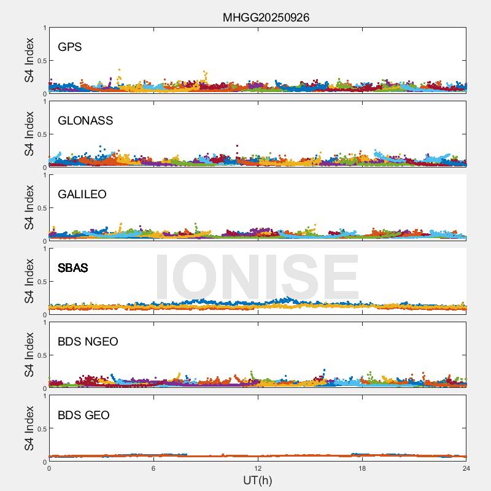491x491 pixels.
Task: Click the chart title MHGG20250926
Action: click(x=266, y=17)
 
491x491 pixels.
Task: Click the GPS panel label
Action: click(x=69, y=47)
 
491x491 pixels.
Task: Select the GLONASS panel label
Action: click(x=85, y=121)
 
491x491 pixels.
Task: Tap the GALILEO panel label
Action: click(x=82, y=195)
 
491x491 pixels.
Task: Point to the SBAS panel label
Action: click(x=72, y=268)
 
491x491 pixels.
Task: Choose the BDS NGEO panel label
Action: click(x=88, y=342)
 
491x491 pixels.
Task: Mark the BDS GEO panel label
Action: click(x=83, y=416)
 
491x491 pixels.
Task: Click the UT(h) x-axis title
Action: click(x=257, y=480)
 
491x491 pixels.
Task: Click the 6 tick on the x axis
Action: click(x=153, y=468)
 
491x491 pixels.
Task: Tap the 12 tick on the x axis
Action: click(x=258, y=468)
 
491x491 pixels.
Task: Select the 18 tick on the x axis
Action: click(x=362, y=468)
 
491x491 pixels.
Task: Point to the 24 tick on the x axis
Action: click(x=466, y=468)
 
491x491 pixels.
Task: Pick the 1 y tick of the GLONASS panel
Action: click(x=44, y=102)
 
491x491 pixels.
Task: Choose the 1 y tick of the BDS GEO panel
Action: click(x=44, y=396)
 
